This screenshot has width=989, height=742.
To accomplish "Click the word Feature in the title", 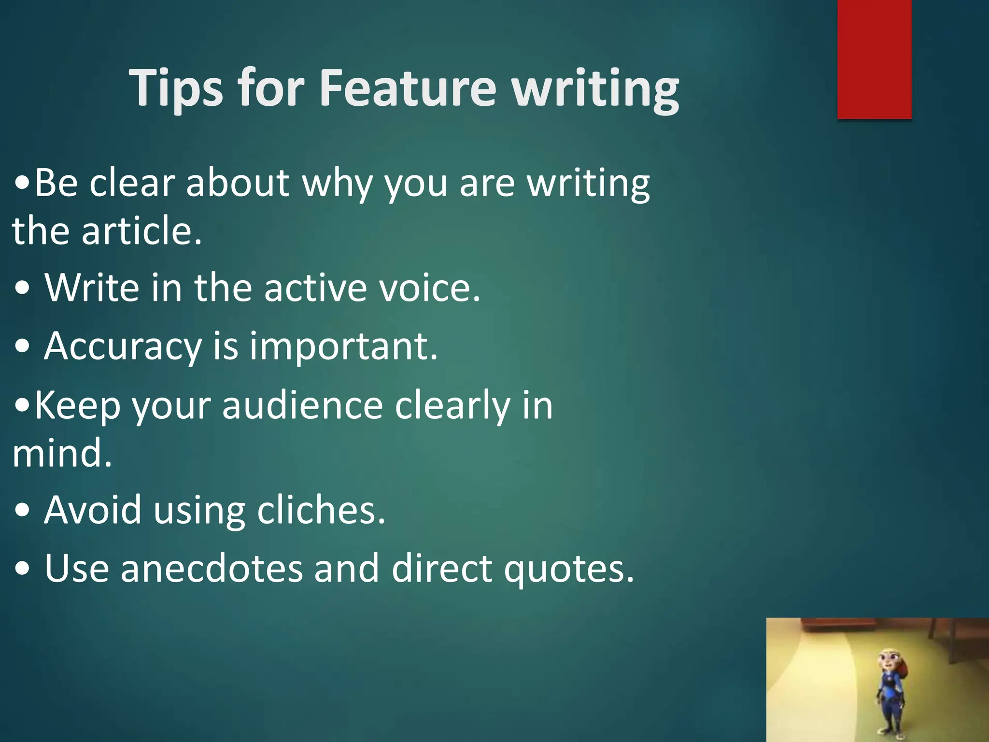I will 408,88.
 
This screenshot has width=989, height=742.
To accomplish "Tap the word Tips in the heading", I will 177,88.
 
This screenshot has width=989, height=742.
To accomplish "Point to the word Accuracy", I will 123,347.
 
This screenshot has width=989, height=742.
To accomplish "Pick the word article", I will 141,231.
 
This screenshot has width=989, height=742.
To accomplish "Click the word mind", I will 62,453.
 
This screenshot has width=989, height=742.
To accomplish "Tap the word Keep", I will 77,406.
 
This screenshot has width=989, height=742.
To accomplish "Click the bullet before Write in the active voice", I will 22,289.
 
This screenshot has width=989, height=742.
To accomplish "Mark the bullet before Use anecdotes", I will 22,569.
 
